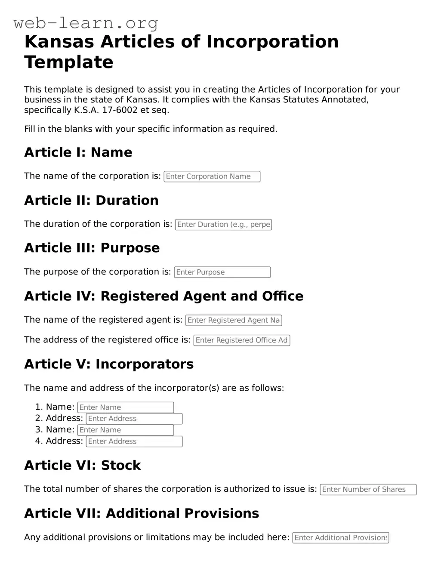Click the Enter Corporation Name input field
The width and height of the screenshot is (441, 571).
point(212,176)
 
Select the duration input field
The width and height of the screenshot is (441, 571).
point(223,225)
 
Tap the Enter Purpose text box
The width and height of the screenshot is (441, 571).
point(222,272)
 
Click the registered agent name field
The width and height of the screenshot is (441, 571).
point(234,320)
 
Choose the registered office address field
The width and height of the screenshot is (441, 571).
point(242,340)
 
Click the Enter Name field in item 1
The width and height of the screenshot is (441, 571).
point(126,407)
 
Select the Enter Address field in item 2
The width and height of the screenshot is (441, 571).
point(134,419)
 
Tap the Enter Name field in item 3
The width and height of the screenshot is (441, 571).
point(126,430)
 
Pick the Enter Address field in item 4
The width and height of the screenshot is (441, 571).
point(134,441)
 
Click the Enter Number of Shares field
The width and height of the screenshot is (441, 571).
point(368,490)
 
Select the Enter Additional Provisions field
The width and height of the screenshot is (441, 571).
point(340,538)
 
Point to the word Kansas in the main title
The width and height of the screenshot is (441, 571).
point(59,42)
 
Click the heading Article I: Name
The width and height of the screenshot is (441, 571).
point(78,152)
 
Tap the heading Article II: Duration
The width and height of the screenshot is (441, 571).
point(91,201)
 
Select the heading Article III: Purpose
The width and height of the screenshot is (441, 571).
point(92,248)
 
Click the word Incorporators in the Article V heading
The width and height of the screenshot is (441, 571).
point(145,364)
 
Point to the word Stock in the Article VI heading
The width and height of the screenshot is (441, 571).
point(121,466)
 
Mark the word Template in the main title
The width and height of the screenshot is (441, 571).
point(69,62)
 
